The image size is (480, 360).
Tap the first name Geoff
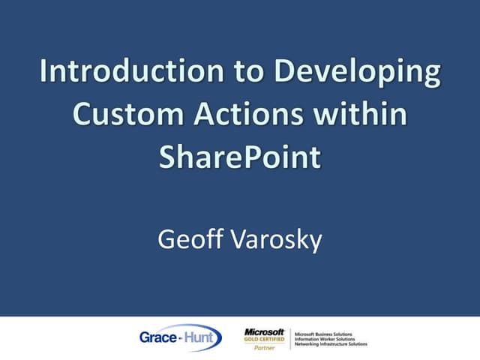point(188,240)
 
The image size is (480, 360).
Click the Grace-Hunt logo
point(180,337)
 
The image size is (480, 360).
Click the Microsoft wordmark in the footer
point(264,331)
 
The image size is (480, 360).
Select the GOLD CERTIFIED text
point(264,339)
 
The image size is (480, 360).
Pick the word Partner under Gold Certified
point(264,347)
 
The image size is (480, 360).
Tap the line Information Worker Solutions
point(326,338)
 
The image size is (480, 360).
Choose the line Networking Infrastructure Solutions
point(331,343)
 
